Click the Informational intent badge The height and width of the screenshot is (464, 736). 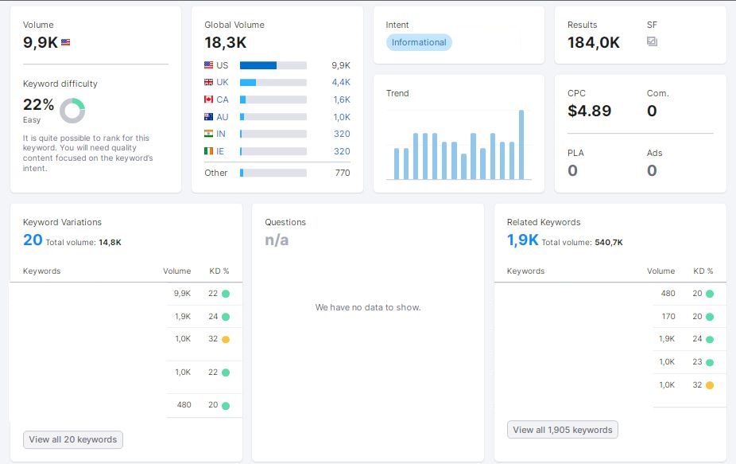pyautogui.click(x=419, y=42)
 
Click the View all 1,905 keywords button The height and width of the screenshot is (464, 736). pyautogui.click(x=562, y=430)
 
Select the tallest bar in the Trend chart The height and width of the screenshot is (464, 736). pyautogui.click(x=521, y=145)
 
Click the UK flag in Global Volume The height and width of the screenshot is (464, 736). pyautogui.click(x=208, y=82)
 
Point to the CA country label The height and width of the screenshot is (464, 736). pyautogui.click(x=223, y=99)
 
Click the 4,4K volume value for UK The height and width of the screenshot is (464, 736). pyautogui.click(x=341, y=82)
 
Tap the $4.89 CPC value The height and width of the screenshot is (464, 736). pyautogui.click(x=589, y=111)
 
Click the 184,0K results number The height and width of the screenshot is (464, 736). pyautogui.click(x=593, y=43)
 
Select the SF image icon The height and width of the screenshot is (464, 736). pyautogui.click(x=652, y=41)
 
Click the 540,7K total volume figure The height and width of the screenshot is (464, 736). pyautogui.click(x=608, y=243)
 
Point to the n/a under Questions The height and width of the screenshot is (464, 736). pyautogui.click(x=277, y=240)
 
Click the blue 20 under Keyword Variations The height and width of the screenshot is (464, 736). pyautogui.click(x=33, y=240)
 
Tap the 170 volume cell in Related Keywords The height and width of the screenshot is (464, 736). pyautogui.click(x=668, y=317)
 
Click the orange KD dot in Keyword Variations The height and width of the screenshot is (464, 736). pyautogui.click(x=226, y=339)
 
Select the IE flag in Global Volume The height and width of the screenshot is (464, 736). pyautogui.click(x=208, y=151)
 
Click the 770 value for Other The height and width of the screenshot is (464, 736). pyautogui.click(x=343, y=173)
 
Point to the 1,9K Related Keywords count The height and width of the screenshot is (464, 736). pyautogui.click(x=522, y=240)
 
